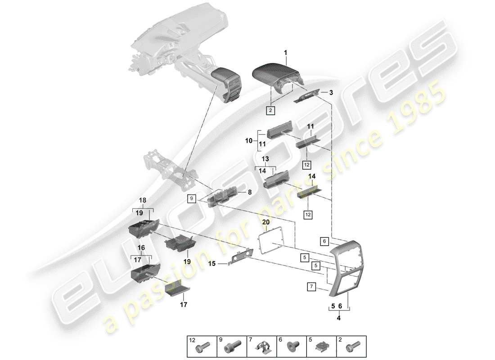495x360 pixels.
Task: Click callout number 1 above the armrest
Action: [285, 53]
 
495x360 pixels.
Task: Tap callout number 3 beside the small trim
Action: [331, 93]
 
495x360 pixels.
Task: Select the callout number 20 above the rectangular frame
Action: [266, 222]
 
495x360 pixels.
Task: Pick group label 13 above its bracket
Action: [265, 159]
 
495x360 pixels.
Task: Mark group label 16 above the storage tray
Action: [141, 247]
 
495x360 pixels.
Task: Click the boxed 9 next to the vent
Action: [192, 198]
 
